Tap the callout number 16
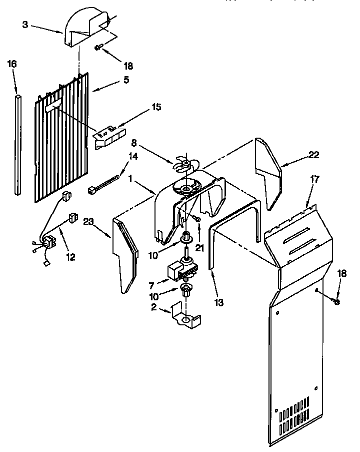pyautogui.click(x=12, y=64)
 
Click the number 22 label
pyautogui.click(x=313, y=155)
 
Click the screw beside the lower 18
pyautogui.click(x=335, y=301)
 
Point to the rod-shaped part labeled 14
pyautogui.click(x=104, y=182)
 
